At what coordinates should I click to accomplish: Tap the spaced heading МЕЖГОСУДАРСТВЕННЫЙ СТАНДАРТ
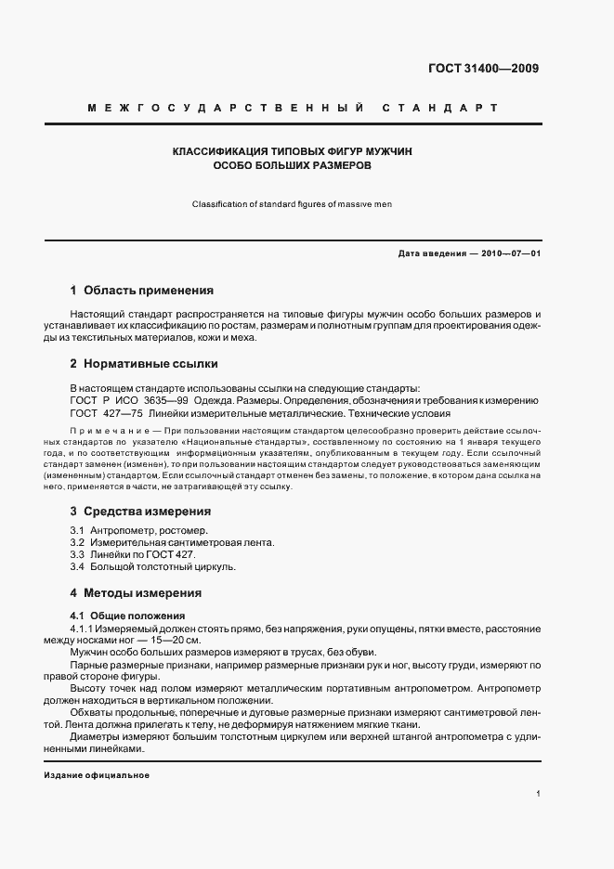(x=293, y=109)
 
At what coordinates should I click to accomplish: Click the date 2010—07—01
(x=510, y=253)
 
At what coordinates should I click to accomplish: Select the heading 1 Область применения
(x=142, y=290)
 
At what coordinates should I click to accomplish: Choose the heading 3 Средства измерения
(x=140, y=511)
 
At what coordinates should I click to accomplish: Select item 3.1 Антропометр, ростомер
(x=133, y=530)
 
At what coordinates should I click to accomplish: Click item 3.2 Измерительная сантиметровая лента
(x=159, y=542)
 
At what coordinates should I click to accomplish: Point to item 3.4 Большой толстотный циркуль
(x=153, y=566)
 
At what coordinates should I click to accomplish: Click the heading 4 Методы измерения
(x=136, y=592)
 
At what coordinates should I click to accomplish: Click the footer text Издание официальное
(x=97, y=774)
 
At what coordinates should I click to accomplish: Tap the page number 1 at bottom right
(x=539, y=795)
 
